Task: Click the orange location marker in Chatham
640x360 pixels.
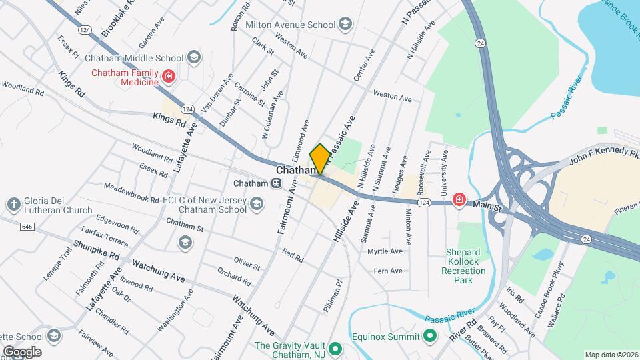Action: tap(320, 159)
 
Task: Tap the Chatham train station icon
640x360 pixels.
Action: tap(275, 184)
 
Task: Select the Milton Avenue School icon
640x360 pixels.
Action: tap(345, 25)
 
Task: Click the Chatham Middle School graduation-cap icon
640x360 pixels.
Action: tap(194, 57)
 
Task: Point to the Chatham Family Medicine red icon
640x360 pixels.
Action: tap(169, 77)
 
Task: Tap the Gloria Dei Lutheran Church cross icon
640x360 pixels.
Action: tap(14, 205)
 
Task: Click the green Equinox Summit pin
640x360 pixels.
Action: tap(430, 337)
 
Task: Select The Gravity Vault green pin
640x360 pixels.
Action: tap(336, 349)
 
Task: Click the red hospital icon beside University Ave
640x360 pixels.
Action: tap(459, 199)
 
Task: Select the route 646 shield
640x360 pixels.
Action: tap(27, 227)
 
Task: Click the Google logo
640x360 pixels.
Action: tap(22, 351)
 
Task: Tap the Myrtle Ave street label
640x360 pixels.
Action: tap(385, 251)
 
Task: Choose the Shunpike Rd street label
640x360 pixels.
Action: tap(96, 251)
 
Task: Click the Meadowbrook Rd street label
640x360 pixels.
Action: tap(131, 193)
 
